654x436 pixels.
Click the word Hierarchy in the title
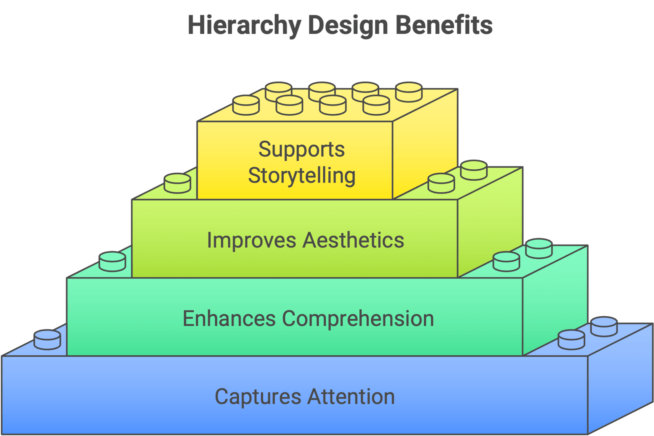(x=244, y=25)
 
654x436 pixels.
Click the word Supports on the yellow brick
(x=302, y=149)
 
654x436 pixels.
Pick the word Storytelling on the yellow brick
(x=302, y=176)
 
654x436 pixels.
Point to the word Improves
(x=251, y=240)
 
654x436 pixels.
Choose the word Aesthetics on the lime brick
(x=353, y=240)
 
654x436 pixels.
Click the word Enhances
(x=229, y=319)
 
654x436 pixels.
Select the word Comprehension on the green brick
(x=358, y=319)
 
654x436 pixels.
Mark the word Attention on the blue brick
(x=351, y=397)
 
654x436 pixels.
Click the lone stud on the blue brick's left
(x=47, y=339)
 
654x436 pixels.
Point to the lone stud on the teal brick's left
(x=112, y=261)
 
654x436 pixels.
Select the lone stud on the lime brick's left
(x=177, y=183)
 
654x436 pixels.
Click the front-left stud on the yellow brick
(x=246, y=105)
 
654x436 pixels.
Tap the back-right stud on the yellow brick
(x=409, y=92)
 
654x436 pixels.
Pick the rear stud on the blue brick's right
(x=604, y=326)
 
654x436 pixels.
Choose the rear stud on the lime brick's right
(x=474, y=170)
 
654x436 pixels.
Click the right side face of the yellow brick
(x=425, y=143)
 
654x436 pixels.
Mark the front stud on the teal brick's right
(x=506, y=261)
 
